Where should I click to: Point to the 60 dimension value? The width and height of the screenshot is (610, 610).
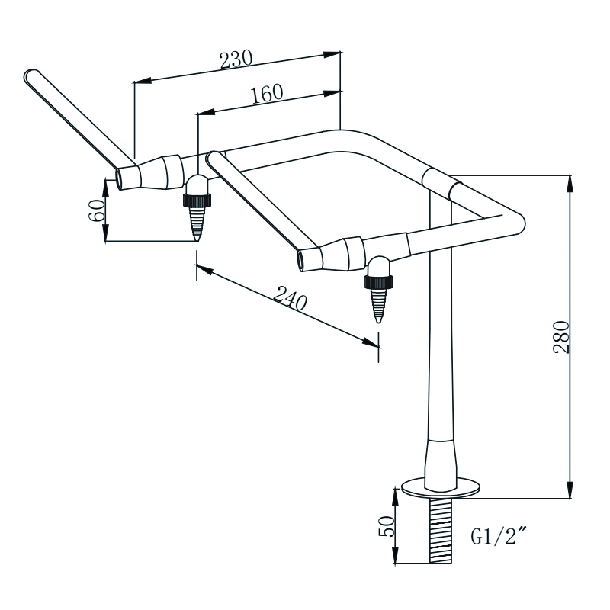96,210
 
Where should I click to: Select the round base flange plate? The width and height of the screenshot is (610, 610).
441,486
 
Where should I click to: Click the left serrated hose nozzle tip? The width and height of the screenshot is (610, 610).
197,225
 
